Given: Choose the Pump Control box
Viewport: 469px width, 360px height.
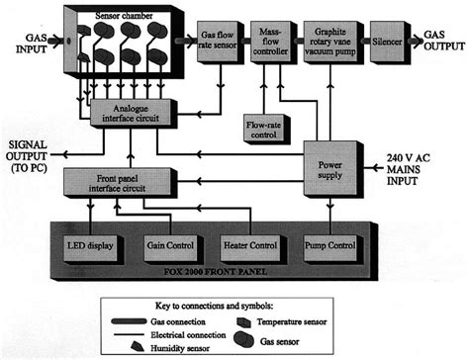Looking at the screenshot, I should click(x=328, y=243).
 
